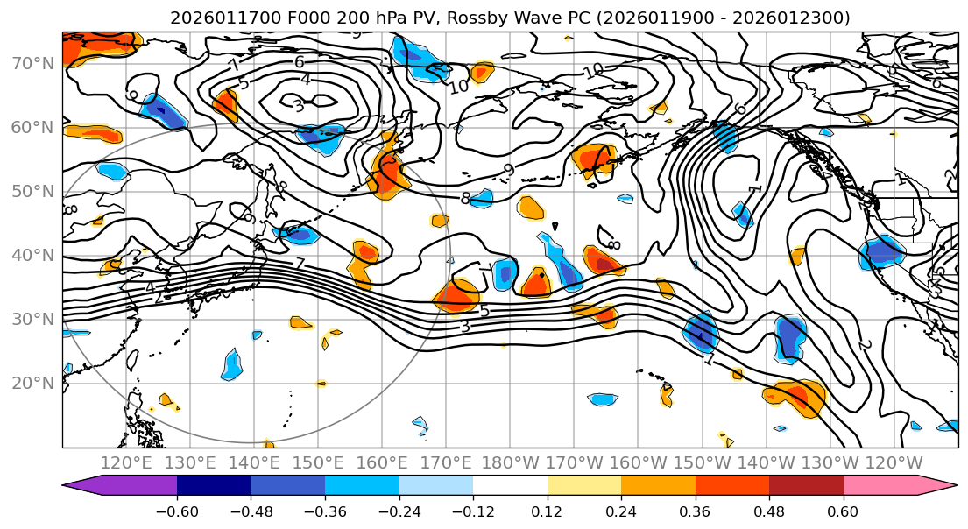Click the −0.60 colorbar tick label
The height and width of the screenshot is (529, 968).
(177, 510)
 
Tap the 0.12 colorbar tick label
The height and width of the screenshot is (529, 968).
(548, 510)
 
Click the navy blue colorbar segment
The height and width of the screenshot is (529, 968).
(214, 486)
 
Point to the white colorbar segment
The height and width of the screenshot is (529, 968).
(510, 486)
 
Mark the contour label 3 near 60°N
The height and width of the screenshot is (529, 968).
(298, 105)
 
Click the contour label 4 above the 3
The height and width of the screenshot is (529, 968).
(306, 79)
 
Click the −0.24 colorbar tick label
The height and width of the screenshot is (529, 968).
(399, 510)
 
